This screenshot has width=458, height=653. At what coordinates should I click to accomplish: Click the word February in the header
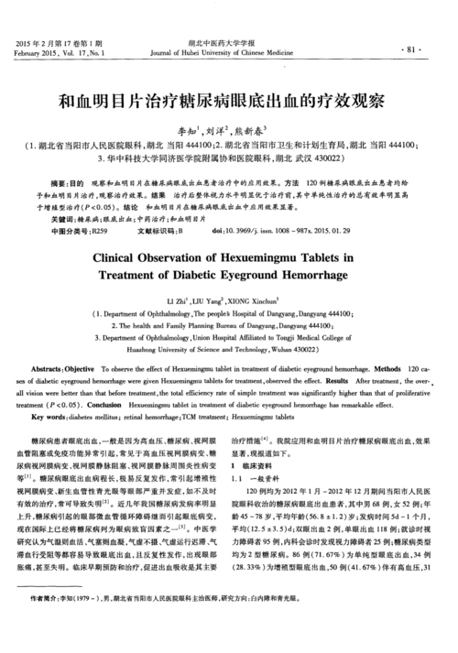pyautogui.click(x=32, y=54)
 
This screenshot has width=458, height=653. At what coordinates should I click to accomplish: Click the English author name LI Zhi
pyautogui.click(x=177, y=300)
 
